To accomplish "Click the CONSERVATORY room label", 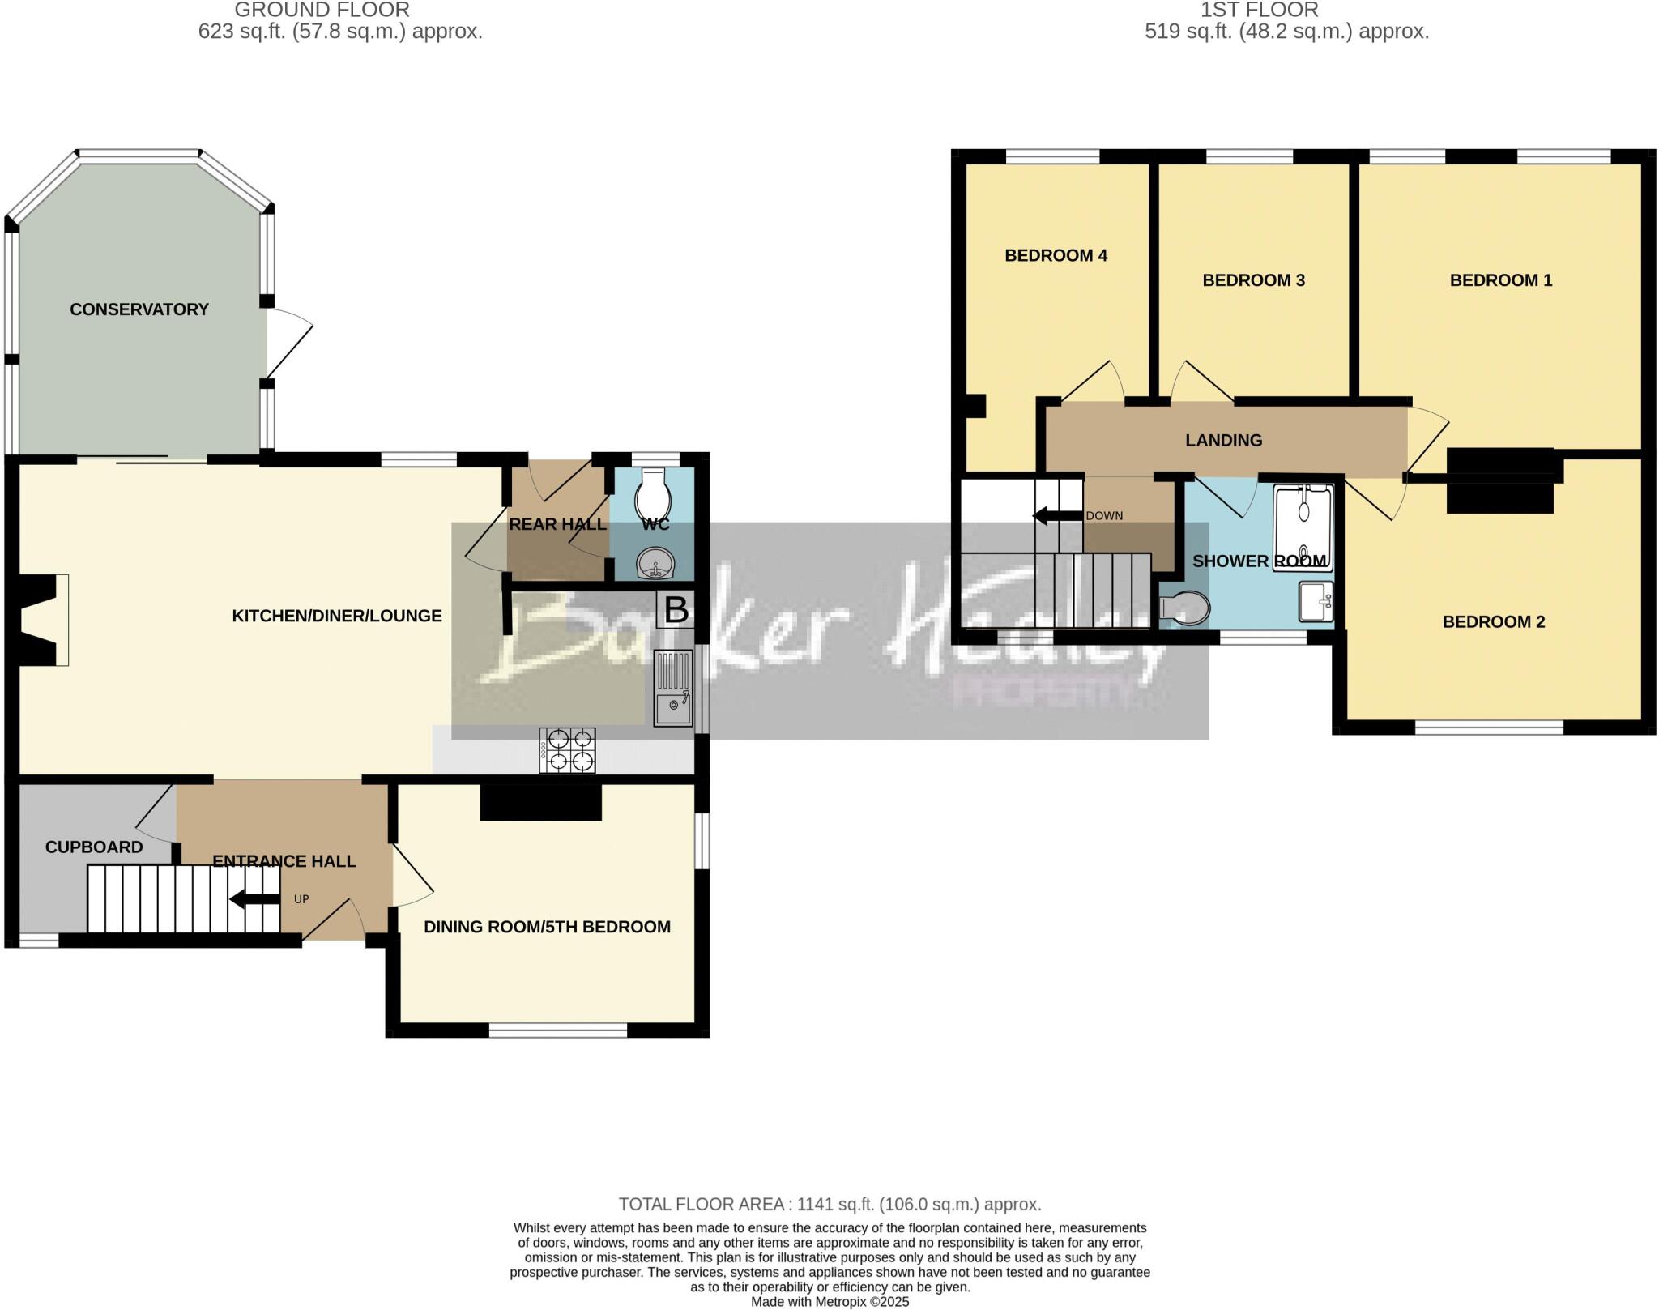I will pos(139,309).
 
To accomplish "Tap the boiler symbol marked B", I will pos(676,610).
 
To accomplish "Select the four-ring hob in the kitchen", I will pos(568,750).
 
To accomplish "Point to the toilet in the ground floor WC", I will pos(653,491).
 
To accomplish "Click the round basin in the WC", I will pos(653,563).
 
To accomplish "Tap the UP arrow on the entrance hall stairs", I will pos(254,899).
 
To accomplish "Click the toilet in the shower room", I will pos(1185,608).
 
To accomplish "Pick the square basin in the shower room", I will pos(1316,601).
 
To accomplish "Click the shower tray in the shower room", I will pos(1303,527).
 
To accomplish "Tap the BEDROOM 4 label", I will pos(1056,256).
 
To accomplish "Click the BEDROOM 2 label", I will pos(1493,622).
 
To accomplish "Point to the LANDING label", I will pos(1223,441).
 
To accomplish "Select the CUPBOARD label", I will pos(94,847).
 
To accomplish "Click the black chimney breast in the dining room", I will pos(540,802).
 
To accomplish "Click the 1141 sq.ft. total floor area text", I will pos(829,1205).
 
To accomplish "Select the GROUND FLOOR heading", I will pos(322,10).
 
